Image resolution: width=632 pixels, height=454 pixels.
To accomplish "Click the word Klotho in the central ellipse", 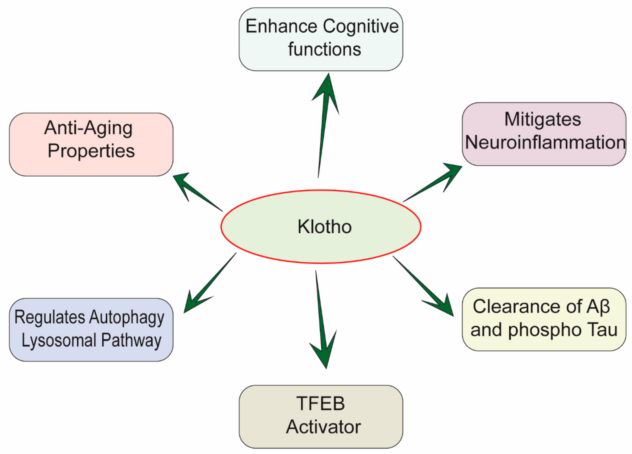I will point(324,227).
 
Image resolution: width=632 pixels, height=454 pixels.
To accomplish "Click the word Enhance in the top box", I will point(281,26).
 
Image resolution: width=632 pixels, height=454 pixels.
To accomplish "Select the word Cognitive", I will point(361,27).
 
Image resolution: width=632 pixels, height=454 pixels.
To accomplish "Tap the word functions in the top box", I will point(324,49).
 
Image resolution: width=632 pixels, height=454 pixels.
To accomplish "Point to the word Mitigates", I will point(543,120).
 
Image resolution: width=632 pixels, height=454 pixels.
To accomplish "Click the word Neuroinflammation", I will point(545,142).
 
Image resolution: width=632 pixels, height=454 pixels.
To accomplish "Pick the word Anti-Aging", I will point(88,128).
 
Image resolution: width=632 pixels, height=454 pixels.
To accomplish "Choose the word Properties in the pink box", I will point(91,151).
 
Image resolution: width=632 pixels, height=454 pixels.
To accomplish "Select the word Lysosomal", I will point(59,341).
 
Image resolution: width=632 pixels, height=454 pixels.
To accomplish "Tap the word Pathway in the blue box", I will point(131,341).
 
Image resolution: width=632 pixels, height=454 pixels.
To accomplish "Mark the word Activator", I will point(323,427).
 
